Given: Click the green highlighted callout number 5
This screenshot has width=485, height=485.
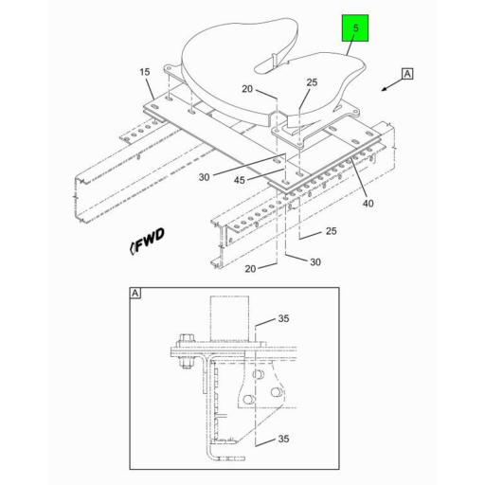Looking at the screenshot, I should point(355,29).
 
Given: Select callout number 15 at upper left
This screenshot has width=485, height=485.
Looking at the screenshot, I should point(145,72).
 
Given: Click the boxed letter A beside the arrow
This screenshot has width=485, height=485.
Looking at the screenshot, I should point(408,73).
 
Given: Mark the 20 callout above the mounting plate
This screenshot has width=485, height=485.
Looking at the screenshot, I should point(246,90).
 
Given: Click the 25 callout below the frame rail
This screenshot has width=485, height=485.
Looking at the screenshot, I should point(330,231).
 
